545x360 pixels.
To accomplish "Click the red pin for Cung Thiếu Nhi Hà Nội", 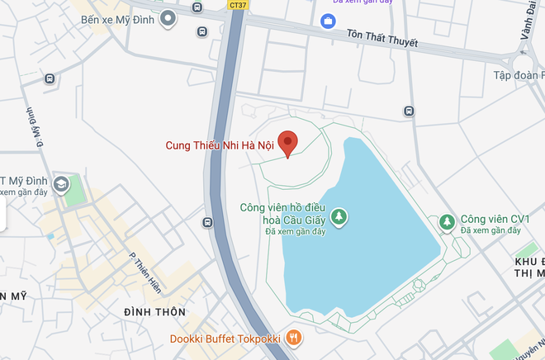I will point(287,143).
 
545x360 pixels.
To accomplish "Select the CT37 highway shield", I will point(237,5).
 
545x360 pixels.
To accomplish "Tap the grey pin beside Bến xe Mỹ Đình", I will point(168,18).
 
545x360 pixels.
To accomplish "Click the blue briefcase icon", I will point(329,20).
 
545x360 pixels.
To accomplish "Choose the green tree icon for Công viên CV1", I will point(447,220).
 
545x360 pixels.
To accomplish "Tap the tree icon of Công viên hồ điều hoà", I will point(339,217).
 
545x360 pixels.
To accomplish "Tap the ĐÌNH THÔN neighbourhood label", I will point(155,312).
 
